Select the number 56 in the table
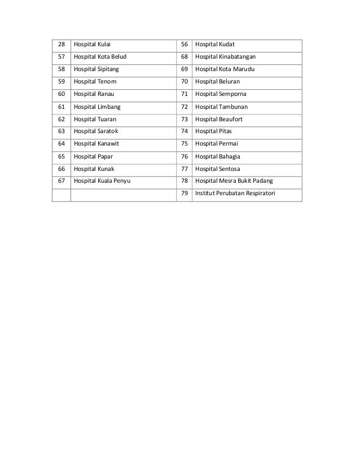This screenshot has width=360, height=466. tap(184, 45)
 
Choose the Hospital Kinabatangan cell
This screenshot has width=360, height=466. tap(225, 57)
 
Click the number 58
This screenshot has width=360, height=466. tap(62, 69)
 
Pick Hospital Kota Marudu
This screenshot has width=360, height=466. tap(225, 69)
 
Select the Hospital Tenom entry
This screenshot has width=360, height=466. tap(94, 82)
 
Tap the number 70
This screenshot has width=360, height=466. tap(184, 82)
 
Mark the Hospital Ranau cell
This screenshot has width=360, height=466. tap(94, 94)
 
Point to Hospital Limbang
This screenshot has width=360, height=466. tap(96, 107)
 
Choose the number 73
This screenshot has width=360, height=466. tap(184, 119)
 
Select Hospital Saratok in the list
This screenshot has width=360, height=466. tap(96, 131)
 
